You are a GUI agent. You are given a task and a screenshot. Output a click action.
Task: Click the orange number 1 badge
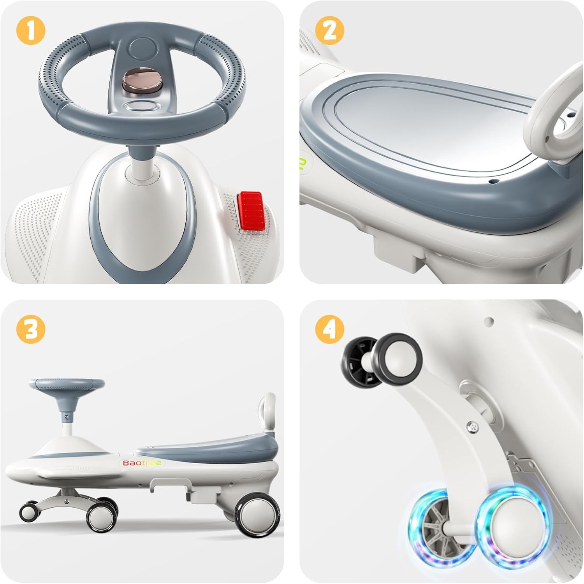click(31, 31)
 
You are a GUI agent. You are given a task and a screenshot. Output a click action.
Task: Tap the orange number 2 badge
click(330, 31)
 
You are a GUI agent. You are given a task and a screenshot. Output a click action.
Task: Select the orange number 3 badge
click(31, 330)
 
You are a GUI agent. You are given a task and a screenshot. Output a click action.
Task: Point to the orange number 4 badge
click(330, 330)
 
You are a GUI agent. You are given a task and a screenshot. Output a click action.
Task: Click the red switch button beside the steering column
click(250, 211)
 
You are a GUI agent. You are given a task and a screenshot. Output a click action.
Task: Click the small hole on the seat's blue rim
click(494, 181)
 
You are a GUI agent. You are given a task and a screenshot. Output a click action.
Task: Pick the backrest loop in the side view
click(268, 414)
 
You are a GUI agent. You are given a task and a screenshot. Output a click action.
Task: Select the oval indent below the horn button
click(141, 106)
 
